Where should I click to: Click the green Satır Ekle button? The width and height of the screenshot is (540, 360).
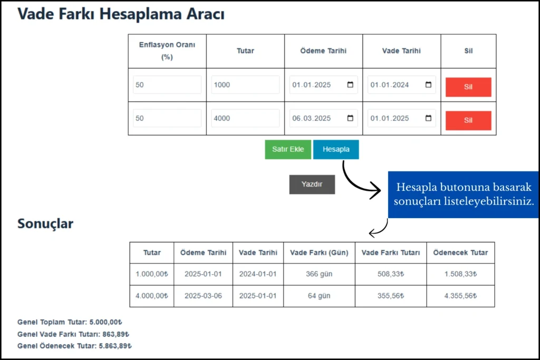288,149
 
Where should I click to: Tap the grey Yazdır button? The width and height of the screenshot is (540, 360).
312,184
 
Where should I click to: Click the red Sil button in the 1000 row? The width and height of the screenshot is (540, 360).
468,87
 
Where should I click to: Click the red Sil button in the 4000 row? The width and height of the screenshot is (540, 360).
468,121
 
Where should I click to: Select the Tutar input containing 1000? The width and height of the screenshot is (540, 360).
245,85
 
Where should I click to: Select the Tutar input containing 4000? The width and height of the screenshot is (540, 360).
245,118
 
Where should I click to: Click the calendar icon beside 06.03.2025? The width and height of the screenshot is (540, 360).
350,118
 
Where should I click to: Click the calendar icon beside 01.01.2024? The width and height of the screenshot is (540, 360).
428,85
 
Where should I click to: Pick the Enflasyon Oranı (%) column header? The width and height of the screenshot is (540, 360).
167,51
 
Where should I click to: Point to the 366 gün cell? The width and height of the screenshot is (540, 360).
319,274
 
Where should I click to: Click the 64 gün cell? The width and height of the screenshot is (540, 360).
319,296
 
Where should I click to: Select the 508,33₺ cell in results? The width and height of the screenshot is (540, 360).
391,274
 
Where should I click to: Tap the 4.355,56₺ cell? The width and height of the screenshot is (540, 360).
461,296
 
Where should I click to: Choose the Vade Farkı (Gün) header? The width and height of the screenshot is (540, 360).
319,252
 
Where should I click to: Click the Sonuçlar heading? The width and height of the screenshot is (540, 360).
45,223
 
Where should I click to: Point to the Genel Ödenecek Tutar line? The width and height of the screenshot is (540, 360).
74,346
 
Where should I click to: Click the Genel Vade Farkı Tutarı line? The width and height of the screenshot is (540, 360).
73,334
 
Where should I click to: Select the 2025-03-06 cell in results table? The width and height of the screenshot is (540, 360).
203,296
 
